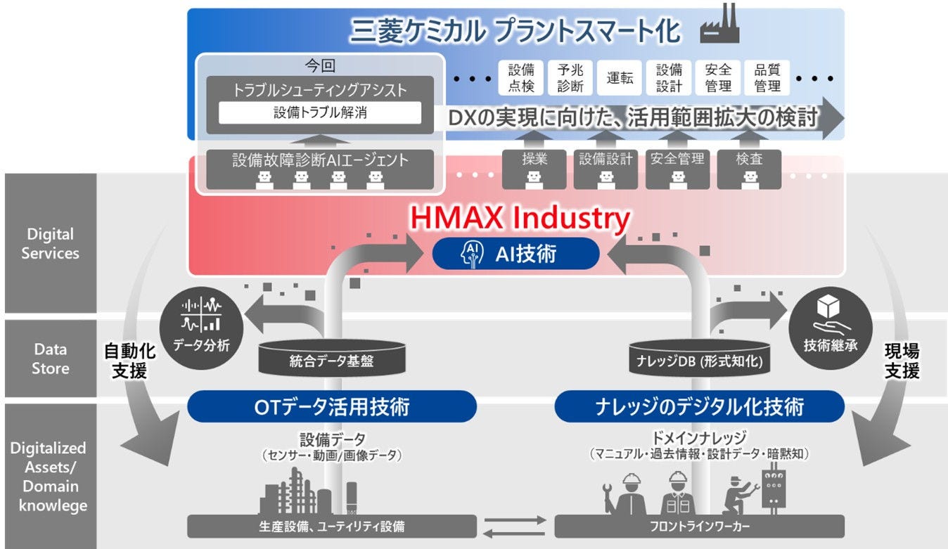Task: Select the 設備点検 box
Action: click(521, 77)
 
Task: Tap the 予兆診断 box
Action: click(570, 77)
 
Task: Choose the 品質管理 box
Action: click(767, 77)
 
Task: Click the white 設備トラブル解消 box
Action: click(320, 112)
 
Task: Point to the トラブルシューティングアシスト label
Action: click(320, 90)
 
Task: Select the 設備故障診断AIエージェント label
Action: click(320, 160)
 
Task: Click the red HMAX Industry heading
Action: click(520, 219)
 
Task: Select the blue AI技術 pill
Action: click(516, 254)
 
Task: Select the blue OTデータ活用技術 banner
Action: click(332, 406)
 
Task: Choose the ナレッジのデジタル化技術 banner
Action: click(699, 406)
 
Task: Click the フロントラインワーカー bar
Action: click(699, 526)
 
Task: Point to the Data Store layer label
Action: click(50, 359)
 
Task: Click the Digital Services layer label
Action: click(50, 243)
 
